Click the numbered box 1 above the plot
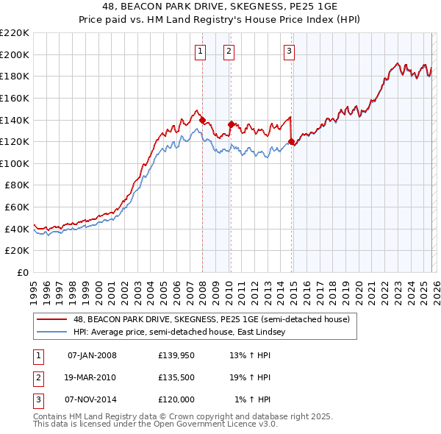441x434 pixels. tap(200, 51)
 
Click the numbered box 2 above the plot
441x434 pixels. tap(229, 51)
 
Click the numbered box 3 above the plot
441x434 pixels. tap(289, 51)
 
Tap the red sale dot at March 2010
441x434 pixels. tap(231, 124)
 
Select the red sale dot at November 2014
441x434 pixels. tap(291, 141)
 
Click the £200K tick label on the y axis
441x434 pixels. tap(15, 54)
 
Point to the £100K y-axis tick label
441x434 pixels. tap(15, 163)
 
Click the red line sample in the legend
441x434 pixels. tap(51, 319)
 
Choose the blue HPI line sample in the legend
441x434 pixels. tap(51, 332)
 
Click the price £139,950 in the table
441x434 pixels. tap(176, 356)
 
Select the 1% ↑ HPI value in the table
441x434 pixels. tap(252, 399)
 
